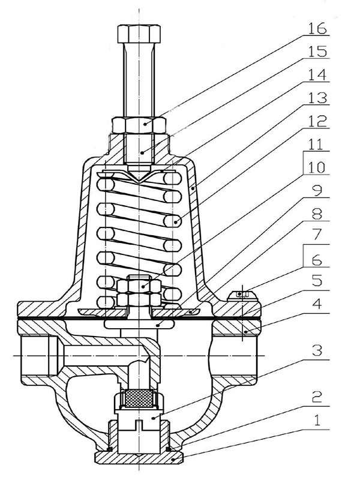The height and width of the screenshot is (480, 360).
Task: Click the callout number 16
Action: (317, 28)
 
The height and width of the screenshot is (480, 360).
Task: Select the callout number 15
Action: (317, 52)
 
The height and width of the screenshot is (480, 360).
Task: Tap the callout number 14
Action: (317, 75)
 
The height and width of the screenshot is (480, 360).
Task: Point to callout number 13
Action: (317, 98)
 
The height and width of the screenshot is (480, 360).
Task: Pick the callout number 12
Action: (317, 122)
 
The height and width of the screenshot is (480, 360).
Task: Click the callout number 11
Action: (317, 145)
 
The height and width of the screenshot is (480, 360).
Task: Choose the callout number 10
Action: (317, 168)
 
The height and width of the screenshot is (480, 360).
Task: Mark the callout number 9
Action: (317, 191)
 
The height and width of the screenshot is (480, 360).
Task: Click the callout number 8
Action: (317, 215)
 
